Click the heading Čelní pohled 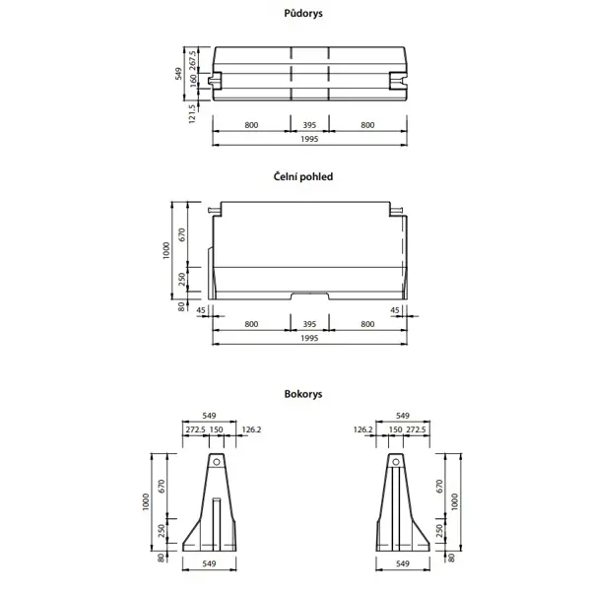coord(303,177)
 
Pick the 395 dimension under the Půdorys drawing coord(310,126)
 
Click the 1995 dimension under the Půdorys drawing coord(310,140)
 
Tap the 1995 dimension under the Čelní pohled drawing coord(310,338)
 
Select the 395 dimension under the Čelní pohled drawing coord(310,323)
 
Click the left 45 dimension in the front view coord(202,310)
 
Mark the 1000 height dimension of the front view coord(167,251)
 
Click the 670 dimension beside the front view coord(182,235)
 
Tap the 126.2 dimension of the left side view coord(250,429)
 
